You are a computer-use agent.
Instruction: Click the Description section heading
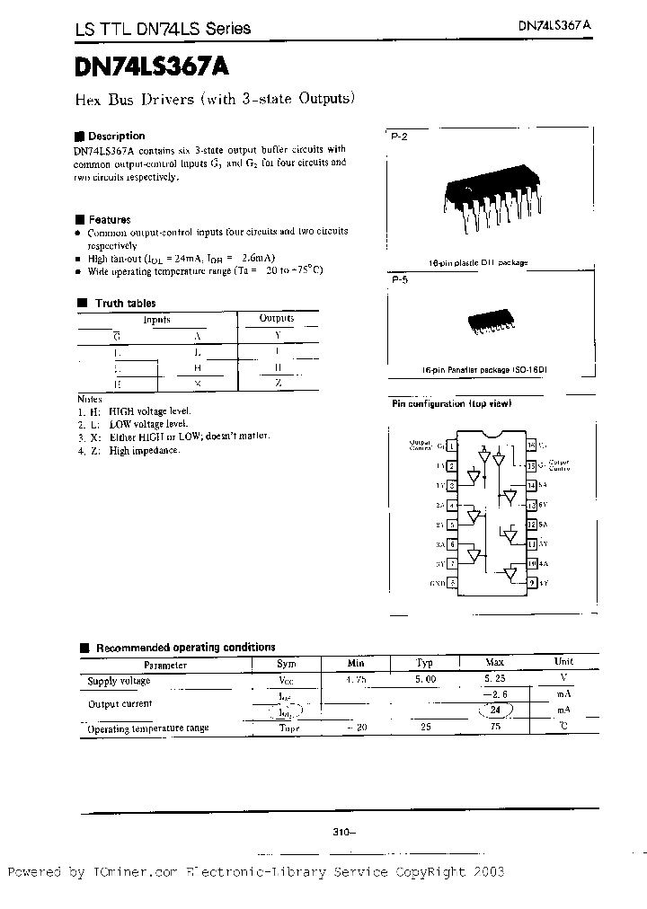(x=115, y=136)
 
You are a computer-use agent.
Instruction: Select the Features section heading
(x=109, y=219)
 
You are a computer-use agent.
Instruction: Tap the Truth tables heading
(x=125, y=304)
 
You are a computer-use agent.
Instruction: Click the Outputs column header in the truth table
(x=277, y=318)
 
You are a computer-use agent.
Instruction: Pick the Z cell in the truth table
(x=278, y=383)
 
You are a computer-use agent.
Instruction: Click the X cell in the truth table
(x=198, y=383)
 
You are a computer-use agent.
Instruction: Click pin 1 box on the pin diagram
(x=451, y=445)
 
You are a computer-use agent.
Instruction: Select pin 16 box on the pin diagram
(x=531, y=445)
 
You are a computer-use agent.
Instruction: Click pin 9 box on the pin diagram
(x=531, y=583)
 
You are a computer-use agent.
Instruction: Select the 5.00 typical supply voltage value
(x=425, y=680)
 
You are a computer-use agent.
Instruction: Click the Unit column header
(x=564, y=661)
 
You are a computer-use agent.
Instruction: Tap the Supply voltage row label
(x=119, y=681)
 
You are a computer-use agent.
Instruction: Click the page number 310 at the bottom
(x=343, y=833)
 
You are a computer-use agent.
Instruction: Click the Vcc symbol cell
(x=286, y=681)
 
